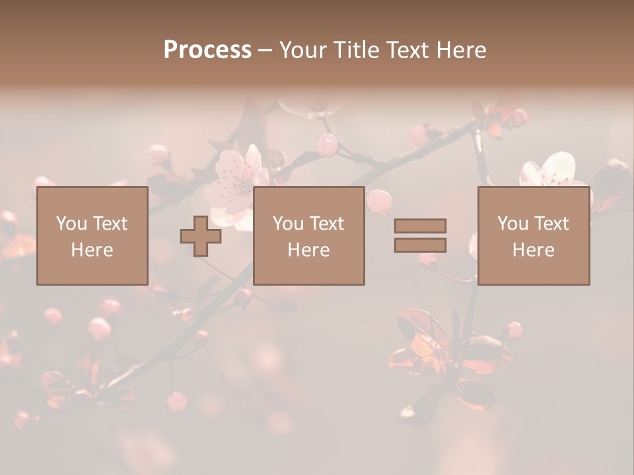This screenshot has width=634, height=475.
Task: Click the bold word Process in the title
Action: (x=207, y=50)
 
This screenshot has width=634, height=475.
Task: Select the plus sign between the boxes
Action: (x=201, y=236)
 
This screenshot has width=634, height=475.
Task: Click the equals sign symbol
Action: (x=420, y=236)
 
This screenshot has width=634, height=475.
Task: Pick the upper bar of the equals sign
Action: (x=420, y=226)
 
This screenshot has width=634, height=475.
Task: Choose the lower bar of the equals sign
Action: (x=420, y=245)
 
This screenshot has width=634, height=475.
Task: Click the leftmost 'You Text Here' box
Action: (x=92, y=236)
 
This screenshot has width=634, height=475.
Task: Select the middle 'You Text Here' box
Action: (x=309, y=236)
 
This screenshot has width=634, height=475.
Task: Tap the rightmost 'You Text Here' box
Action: (x=534, y=236)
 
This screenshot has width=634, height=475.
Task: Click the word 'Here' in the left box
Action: (x=92, y=250)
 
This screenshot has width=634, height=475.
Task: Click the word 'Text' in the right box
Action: (x=551, y=224)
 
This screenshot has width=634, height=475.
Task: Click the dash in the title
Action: (x=265, y=50)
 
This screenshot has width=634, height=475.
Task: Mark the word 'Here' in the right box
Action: (x=534, y=250)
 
